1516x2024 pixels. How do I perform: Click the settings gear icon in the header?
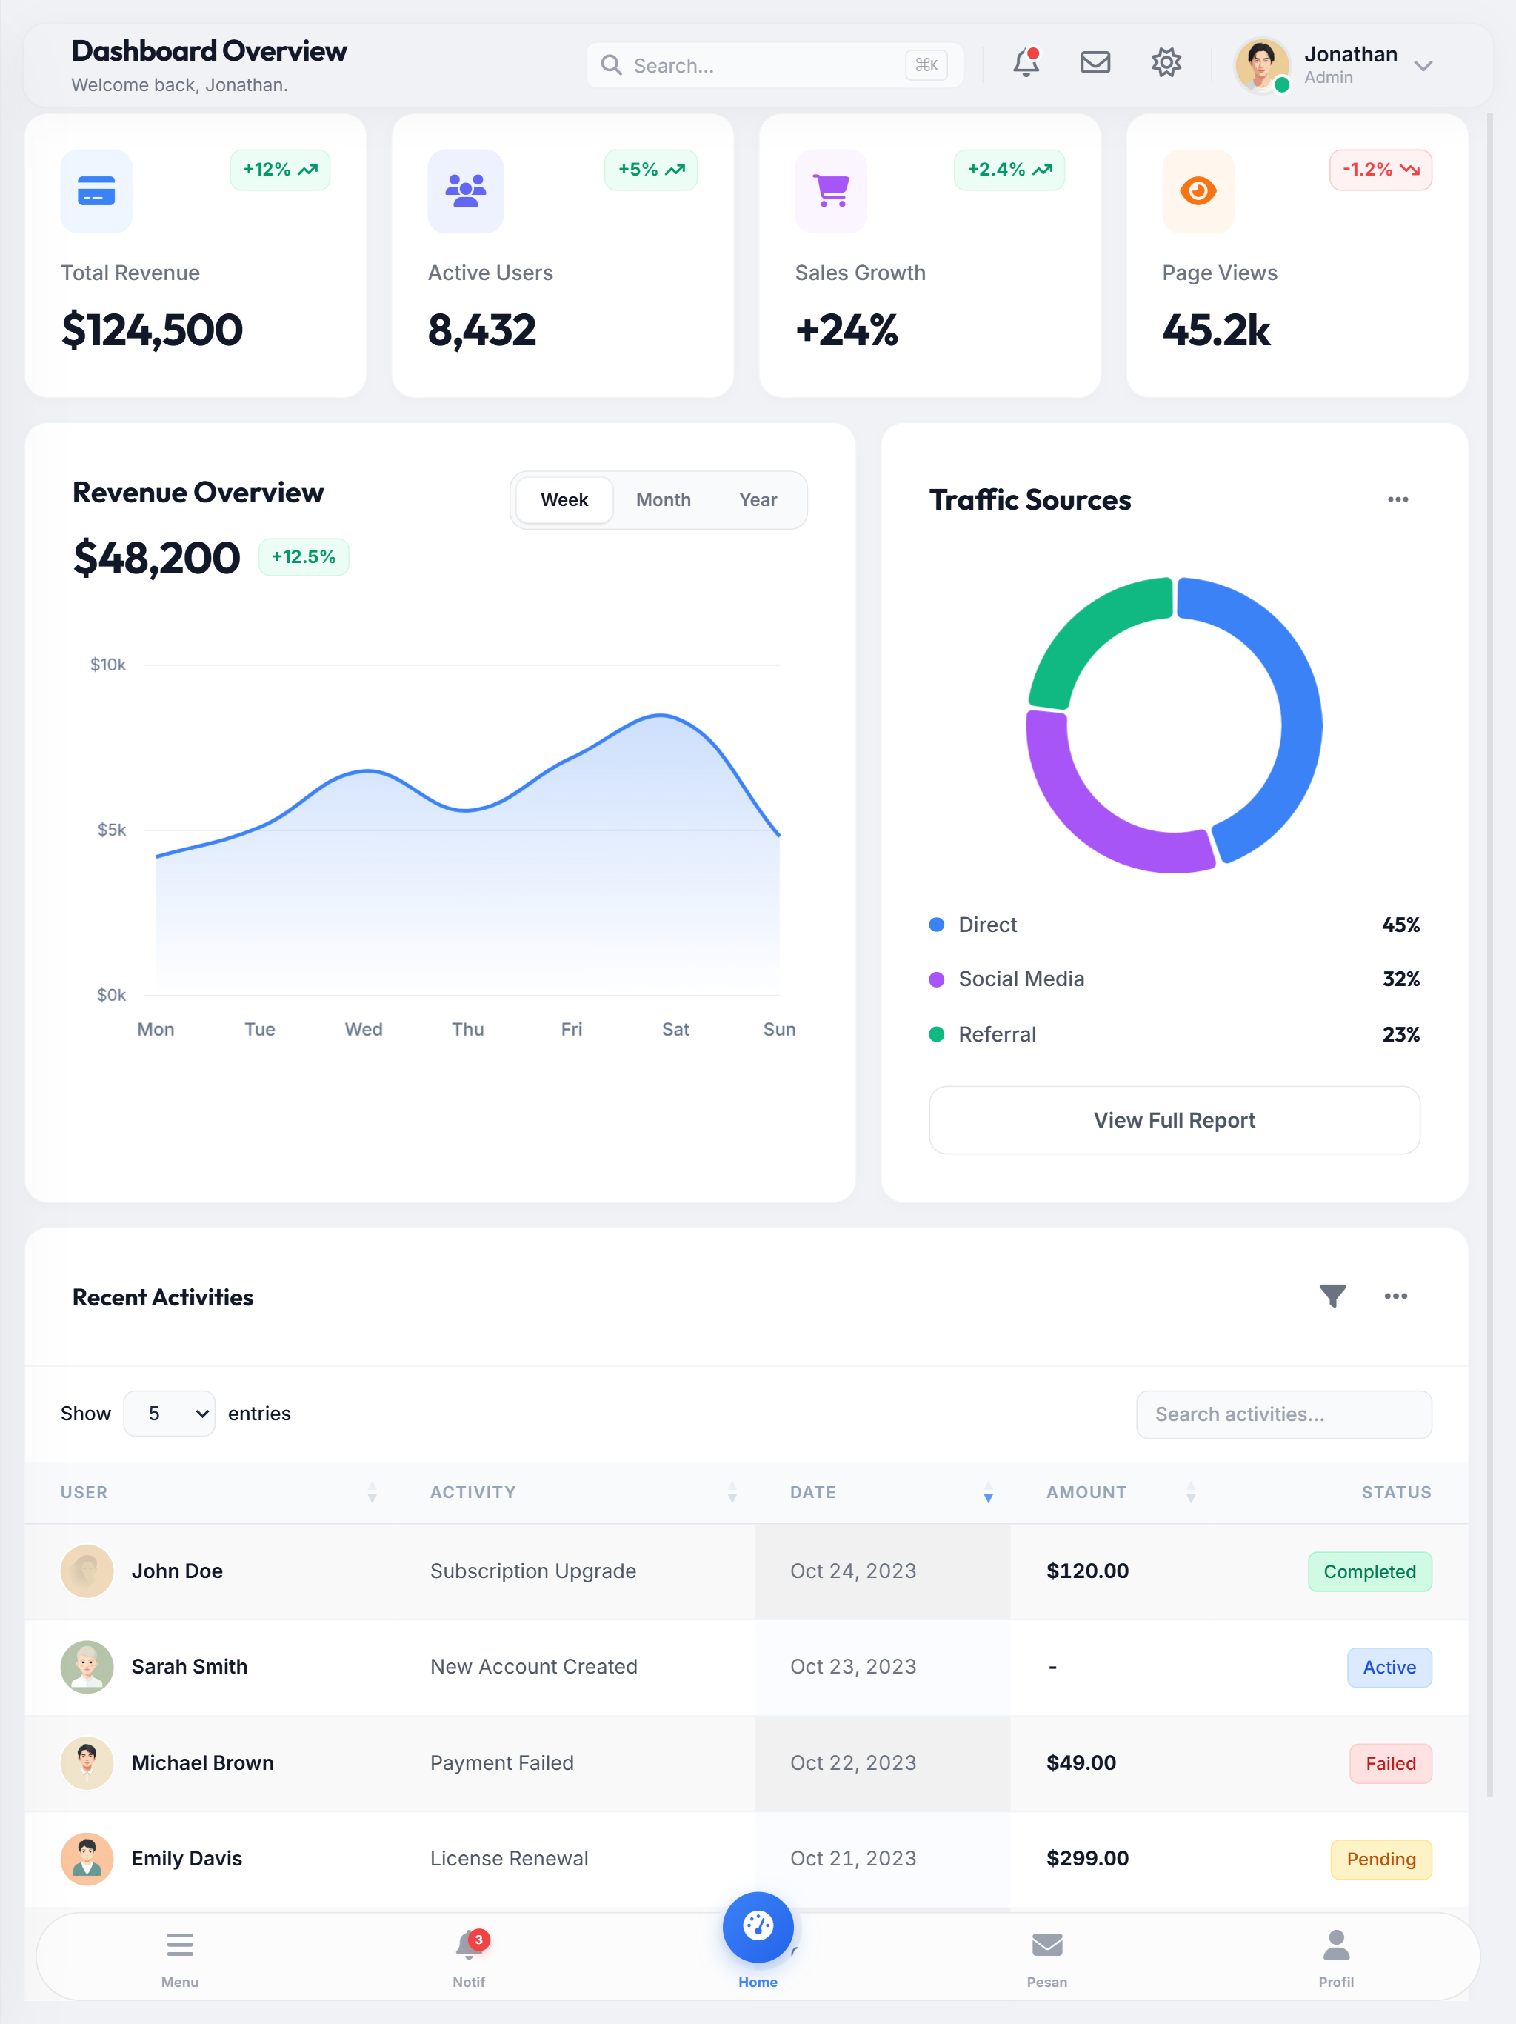(x=1166, y=63)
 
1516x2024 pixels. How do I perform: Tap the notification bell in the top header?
(x=1026, y=63)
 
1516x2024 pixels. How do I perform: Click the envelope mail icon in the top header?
(x=1095, y=63)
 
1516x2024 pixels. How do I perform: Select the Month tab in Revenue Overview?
(x=664, y=499)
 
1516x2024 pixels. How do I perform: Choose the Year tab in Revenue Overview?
(x=758, y=499)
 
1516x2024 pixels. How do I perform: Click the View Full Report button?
(x=1174, y=1120)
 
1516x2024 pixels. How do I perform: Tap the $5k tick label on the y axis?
(x=112, y=830)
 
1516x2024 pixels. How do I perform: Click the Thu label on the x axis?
(x=467, y=1029)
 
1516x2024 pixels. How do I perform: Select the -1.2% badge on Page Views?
(x=1380, y=170)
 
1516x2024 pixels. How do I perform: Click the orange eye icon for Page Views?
(x=1198, y=190)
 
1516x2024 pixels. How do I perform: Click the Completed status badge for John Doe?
(x=1369, y=1572)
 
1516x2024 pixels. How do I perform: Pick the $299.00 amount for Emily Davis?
(x=1087, y=1858)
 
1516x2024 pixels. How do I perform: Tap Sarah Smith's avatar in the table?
(x=87, y=1667)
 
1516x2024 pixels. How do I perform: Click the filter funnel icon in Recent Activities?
(x=1332, y=1296)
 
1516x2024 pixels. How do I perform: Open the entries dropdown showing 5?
(x=170, y=1414)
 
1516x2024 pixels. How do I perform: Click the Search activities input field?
(x=1283, y=1414)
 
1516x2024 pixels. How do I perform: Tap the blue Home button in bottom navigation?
(x=758, y=1927)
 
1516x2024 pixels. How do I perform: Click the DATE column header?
(x=812, y=1492)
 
